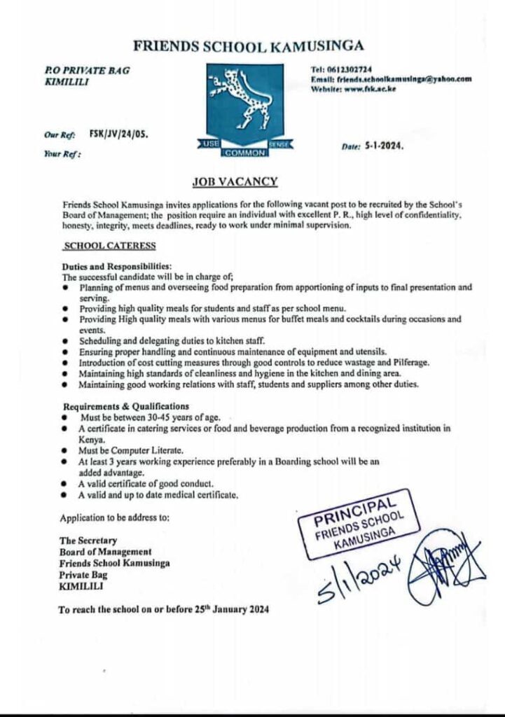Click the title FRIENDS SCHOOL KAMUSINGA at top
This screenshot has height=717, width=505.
(249, 47)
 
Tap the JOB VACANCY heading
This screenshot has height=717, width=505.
(235, 182)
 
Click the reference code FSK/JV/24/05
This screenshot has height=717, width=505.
(118, 131)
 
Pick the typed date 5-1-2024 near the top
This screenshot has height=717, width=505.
(385, 148)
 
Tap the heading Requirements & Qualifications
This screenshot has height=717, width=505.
(125, 405)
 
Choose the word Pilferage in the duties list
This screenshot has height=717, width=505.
(410, 363)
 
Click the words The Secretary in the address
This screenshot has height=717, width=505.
(88, 541)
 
